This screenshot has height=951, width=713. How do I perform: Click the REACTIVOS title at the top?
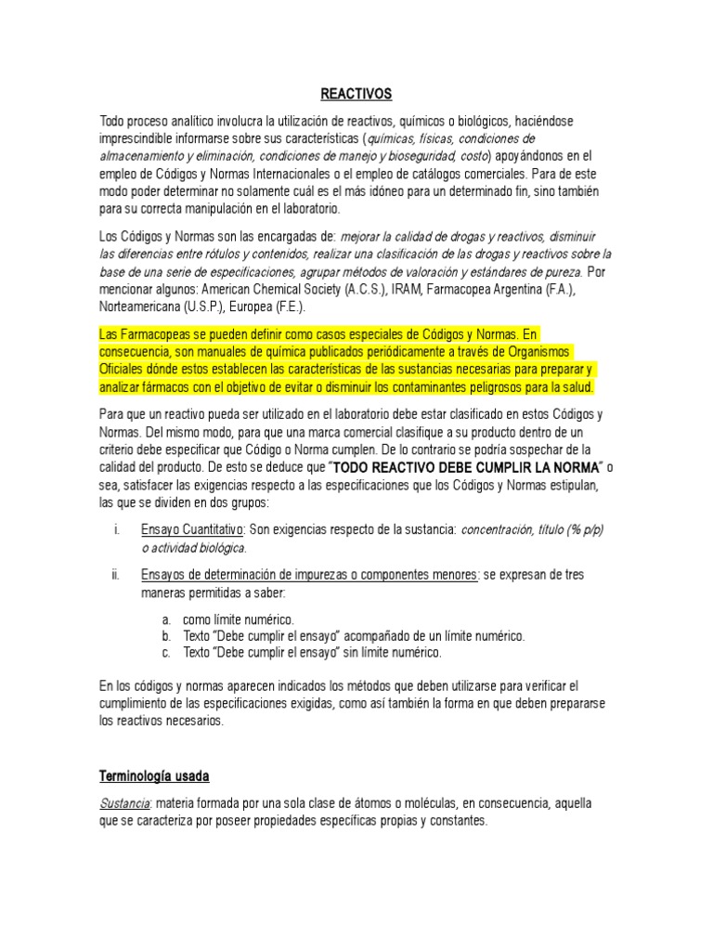(356, 94)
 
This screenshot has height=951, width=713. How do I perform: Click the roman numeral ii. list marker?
(115, 575)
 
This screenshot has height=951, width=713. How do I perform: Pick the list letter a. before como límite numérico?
(165, 619)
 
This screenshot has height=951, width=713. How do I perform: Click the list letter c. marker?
(165, 652)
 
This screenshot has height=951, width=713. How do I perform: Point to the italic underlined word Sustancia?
(125, 801)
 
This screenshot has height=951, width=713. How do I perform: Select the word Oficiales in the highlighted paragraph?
(125, 369)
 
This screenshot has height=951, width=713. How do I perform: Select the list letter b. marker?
(165, 635)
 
